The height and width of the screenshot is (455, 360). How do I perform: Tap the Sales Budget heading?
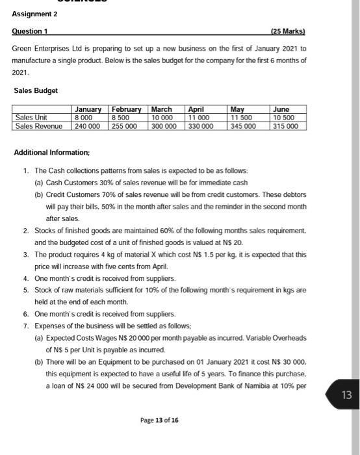pyautogui.click(x=36, y=90)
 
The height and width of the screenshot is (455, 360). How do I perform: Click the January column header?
pyautogui.click(x=88, y=109)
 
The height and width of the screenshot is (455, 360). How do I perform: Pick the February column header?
pyautogui.click(x=126, y=109)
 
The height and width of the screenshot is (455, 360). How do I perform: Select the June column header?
pyautogui.click(x=282, y=109)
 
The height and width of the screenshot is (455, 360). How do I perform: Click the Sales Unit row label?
pyautogui.click(x=32, y=118)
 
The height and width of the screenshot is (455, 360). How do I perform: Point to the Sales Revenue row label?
pyautogui.click(x=40, y=126)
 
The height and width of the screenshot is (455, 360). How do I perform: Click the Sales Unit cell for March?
pyautogui.click(x=162, y=118)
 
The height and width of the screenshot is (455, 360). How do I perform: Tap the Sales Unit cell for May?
pyautogui.click(x=242, y=118)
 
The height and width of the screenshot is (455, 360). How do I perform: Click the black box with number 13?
pyautogui.click(x=345, y=395)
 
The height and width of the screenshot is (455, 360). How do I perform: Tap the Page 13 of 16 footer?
pyautogui.click(x=160, y=420)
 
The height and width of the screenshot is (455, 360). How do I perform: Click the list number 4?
pyautogui.click(x=25, y=279)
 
